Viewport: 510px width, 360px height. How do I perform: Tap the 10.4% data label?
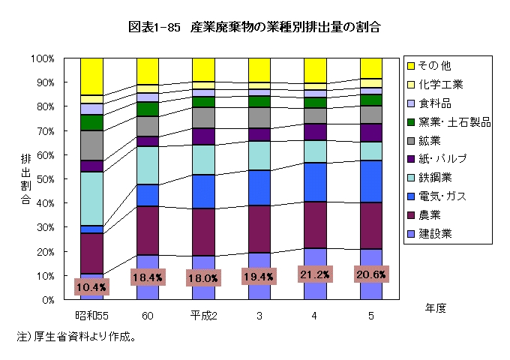pos(91,286)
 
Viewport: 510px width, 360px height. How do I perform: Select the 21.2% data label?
pos(315,275)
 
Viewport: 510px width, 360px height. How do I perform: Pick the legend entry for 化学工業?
pos(441,84)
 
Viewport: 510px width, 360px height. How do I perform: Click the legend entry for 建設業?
pos(435,233)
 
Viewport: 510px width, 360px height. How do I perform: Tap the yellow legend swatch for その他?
pos(412,65)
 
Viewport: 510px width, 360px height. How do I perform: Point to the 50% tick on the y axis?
pos(43,178)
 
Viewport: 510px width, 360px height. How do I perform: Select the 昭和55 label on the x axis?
pos(91,316)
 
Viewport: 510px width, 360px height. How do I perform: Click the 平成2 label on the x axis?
pos(203,316)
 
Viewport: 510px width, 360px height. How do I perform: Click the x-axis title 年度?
pos(435,308)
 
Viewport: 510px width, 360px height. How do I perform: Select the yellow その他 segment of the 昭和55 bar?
pos(91,76)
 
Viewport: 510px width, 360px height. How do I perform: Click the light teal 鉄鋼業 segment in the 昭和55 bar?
pos(91,198)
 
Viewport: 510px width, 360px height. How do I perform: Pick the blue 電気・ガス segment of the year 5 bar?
pos(370,181)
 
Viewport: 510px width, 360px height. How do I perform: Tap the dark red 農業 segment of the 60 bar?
pos(148,230)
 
